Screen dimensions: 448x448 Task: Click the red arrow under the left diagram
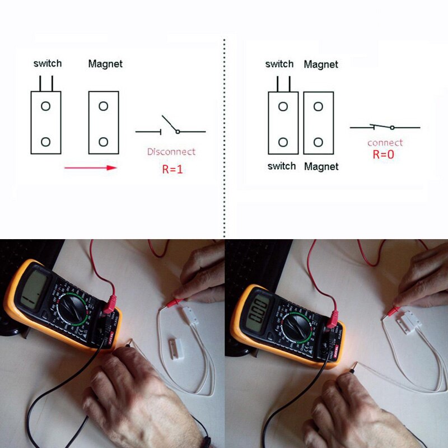coord(91,167)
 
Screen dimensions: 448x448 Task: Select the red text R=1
coord(172,169)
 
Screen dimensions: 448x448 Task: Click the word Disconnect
coord(171,151)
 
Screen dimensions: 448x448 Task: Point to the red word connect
coord(385,143)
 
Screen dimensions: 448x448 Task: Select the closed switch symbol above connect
coord(385,127)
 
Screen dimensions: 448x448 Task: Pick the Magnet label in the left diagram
coord(105,64)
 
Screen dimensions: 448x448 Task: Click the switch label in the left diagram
coord(48,63)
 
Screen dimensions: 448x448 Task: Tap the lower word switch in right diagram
coord(282,166)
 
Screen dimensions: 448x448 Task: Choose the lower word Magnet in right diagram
coord(321,166)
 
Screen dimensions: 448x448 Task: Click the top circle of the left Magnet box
coord(103,105)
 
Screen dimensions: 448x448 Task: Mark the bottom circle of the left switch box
coord(46,142)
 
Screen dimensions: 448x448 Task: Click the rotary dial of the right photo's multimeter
coord(297,327)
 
